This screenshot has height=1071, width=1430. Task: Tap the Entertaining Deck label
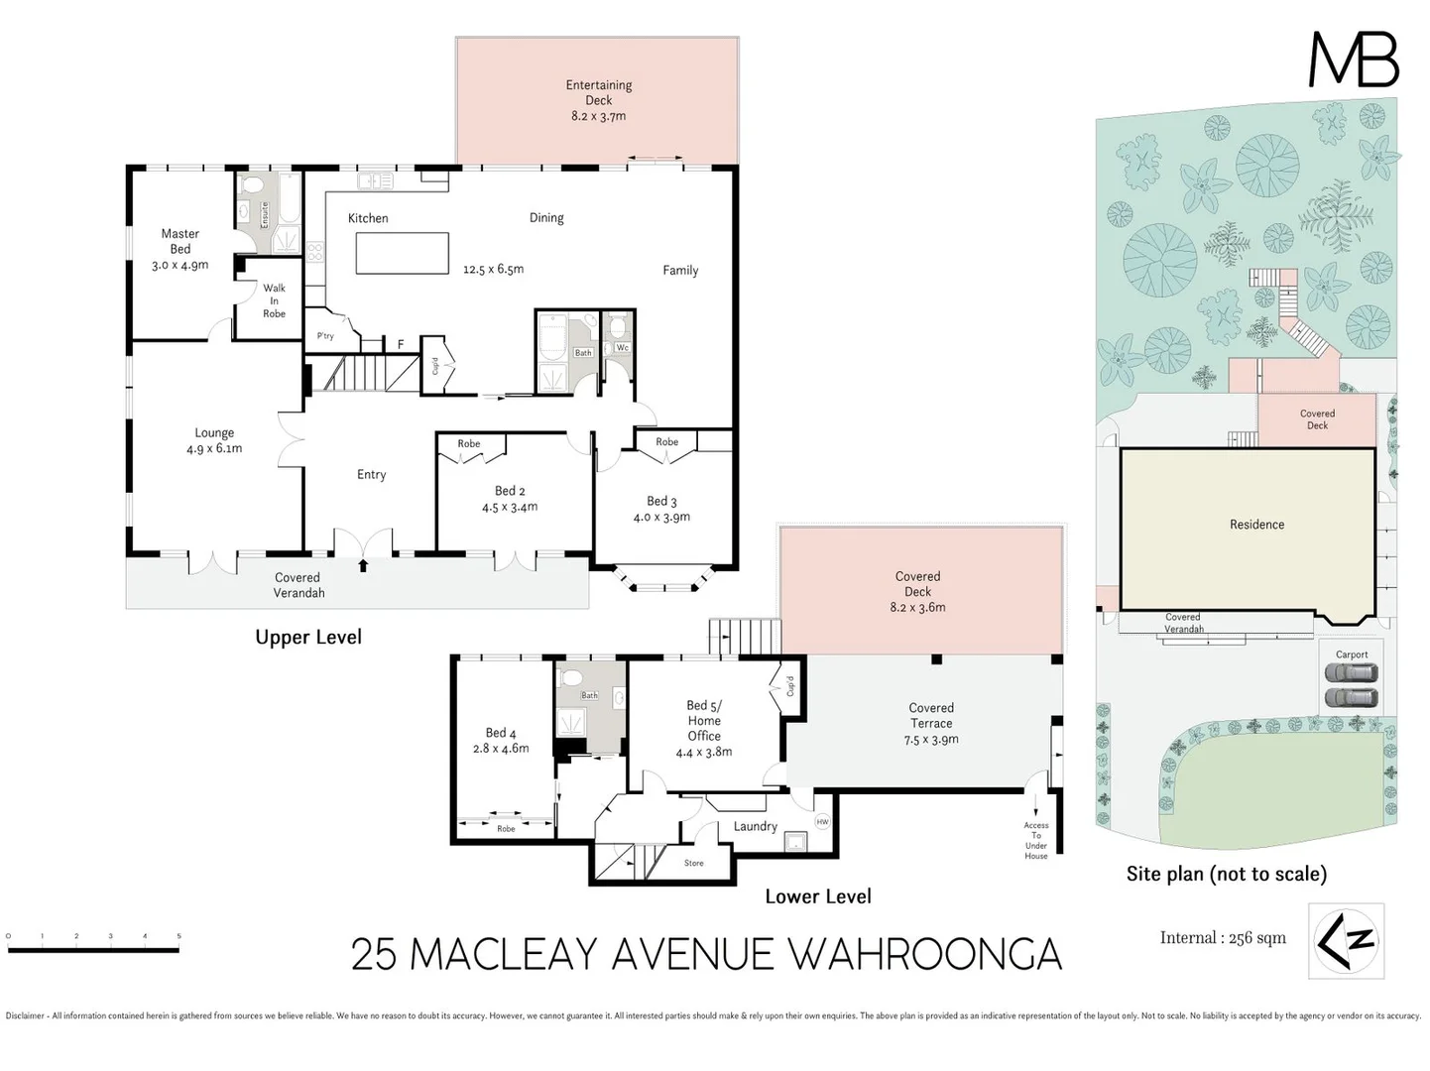pyautogui.click(x=598, y=100)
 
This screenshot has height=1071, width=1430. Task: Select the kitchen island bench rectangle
pyautogui.click(x=402, y=254)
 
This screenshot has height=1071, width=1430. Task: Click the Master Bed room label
pyautogui.click(x=180, y=249)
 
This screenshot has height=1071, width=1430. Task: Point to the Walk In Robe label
pyautogui.click(x=274, y=301)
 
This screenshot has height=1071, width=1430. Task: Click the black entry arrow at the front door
pyautogui.click(x=363, y=565)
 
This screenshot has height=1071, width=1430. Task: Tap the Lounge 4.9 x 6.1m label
pyautogui.click(x=214, y=440)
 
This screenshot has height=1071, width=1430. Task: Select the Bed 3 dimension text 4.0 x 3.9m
pyautogui.click(x=661, y=517)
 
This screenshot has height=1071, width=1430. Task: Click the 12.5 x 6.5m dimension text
pyautogui.click(x=493, y=269)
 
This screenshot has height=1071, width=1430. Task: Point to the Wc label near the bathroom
pyautogui.click(x=622, y=348)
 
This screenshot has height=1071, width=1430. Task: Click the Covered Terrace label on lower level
pyautogui.click(x=931, y=723)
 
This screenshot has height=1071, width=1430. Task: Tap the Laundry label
pyautogui.click(x=755, y=826)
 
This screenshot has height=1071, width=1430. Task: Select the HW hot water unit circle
pyautogui.click(x=822, y=821)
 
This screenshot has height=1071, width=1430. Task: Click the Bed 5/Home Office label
pyautogui.click(x=704, y=728)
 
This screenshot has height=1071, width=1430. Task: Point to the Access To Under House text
pyautogui.click(x=1035, y=840)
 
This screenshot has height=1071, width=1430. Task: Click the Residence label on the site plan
pyautogui.click(x=1256, y=525)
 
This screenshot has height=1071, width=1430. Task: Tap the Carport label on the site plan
pyautogui.click(x=1351, y=654)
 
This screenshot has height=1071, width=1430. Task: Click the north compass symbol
pyautogui.click(x=1346, y=940)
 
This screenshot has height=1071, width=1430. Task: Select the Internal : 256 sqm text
pyautogui.click(x=1223, y=938)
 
